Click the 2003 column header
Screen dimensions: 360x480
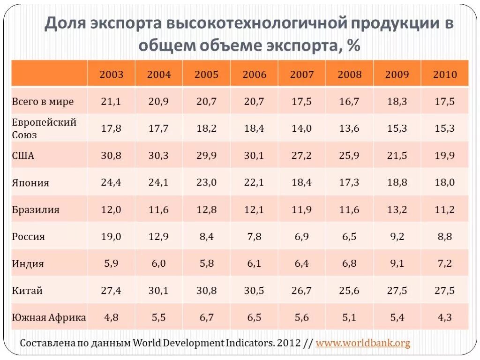[111, 75]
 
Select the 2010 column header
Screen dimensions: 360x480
[444, 75]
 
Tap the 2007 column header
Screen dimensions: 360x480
[301, 75]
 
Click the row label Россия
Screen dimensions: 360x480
[29, 237]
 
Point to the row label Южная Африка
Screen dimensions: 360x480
[49, 318]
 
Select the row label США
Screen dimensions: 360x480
[23, 156]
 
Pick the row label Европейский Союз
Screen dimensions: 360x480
[44, 128]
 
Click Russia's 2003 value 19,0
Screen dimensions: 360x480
[111, 237]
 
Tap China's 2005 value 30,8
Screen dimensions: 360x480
[206, 291]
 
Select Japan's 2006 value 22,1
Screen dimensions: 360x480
[254, 182]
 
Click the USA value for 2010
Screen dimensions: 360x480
[444, 156]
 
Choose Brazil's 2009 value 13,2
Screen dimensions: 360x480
[397, 210]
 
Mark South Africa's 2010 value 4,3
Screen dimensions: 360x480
[444, 318]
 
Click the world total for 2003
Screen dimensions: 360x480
[111, 102]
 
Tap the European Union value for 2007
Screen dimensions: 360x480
[301, 128]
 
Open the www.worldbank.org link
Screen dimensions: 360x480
[363, 343]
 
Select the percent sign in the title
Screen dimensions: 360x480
[354, 46]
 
